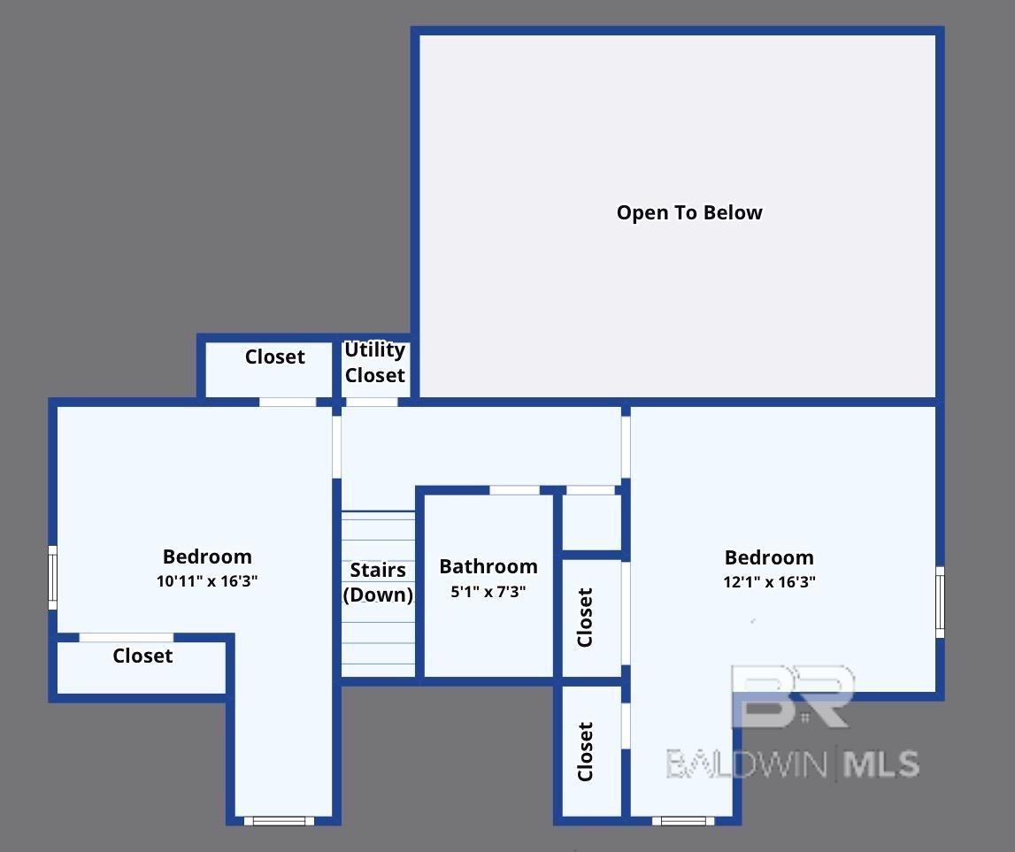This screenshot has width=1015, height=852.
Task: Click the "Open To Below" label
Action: point(689,212)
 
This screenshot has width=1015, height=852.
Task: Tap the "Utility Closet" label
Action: point(375,362)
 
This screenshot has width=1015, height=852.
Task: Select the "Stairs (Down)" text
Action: point(378,582)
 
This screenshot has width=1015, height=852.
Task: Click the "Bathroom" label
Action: point(488,566)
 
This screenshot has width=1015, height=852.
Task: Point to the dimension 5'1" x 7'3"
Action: point(488,592)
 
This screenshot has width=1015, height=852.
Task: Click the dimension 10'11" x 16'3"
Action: point(207,580)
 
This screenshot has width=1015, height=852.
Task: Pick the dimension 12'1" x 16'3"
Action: point(769,581)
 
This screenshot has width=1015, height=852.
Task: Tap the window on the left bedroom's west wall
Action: point(53,578)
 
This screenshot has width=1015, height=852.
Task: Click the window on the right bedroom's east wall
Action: point(940,603)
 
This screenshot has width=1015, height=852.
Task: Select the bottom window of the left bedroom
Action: point(279,821)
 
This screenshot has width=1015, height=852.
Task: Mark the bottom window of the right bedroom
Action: point(683,821)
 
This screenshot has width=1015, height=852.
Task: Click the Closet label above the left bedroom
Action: point(274,357)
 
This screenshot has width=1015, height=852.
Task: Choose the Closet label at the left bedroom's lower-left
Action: point(142,656)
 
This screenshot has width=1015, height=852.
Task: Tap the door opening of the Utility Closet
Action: point(372,402)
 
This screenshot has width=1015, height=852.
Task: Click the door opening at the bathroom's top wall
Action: point(514,490)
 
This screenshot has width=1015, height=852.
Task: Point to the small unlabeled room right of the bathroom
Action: point(592,523)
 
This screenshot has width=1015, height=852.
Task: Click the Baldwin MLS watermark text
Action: point(792,764)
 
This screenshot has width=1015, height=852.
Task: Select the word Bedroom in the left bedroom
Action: point(207,556)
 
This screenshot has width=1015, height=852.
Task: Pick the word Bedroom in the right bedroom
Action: point(769,557)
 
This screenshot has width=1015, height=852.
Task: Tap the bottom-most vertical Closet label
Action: point(585,752)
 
